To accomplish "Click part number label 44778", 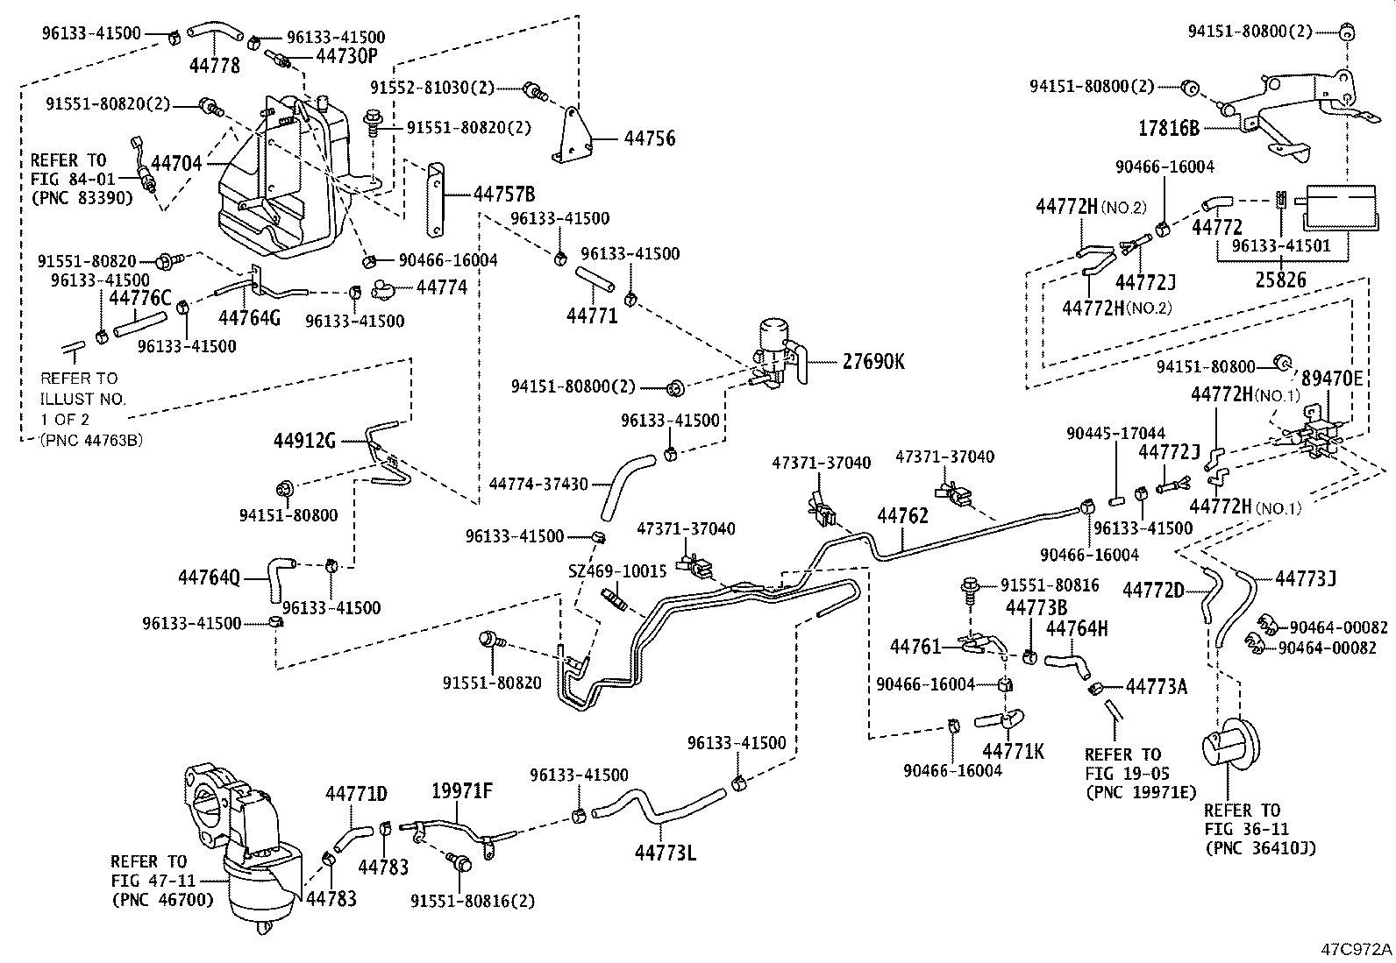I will click(215, 65).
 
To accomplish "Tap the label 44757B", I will click(504, 195).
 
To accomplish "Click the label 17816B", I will click(1169, 128).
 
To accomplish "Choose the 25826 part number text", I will click(1280, 280).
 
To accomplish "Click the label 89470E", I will click(1332, 378).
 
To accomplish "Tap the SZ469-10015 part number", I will click(617, 570).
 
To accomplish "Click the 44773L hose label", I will click(666, 850).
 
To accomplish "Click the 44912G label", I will click(306, 439).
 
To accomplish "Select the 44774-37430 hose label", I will click(538, 484).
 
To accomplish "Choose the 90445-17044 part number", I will click(1115, 433).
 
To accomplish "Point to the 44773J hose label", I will click(1306, 577).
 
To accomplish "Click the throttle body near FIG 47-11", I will click(241, 841).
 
